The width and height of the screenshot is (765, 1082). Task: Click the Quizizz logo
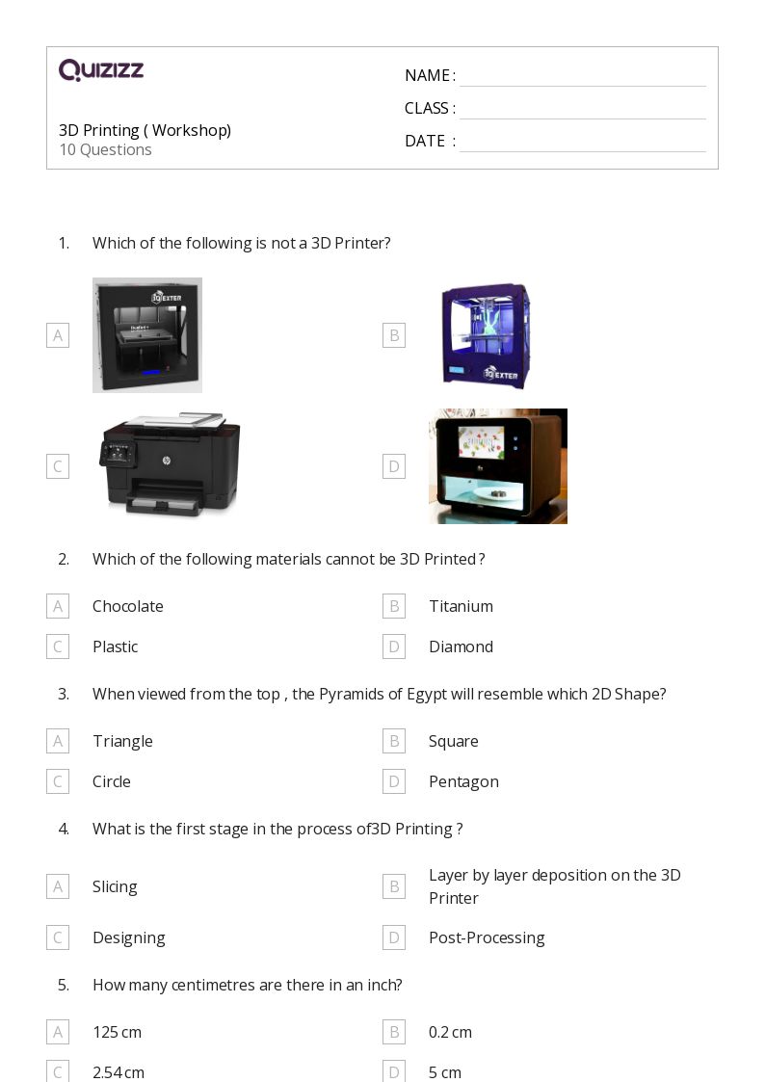[x=101, y=69]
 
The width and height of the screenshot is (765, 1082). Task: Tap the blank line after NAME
[x=583, y=87]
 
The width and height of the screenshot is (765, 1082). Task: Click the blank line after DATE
[x=583, y=151]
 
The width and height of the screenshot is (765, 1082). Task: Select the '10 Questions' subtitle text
[x=106, y=149]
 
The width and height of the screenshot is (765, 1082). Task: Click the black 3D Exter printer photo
[x=147, y=335]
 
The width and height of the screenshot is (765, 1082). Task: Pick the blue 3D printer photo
[x=487, y=335]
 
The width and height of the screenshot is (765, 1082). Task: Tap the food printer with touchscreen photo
[x=498, y=465]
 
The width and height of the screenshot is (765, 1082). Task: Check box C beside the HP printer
[x=58, y=466]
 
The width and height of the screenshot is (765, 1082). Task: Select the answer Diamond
[x=461, y=647]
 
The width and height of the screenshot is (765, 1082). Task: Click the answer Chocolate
[x=128, y=606]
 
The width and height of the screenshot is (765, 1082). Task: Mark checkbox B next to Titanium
[x=394, y=606]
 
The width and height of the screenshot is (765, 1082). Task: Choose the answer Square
[x=453, y=741]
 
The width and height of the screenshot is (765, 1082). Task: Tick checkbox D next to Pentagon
[x=394, y=781]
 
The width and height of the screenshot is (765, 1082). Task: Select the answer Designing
[x=129, y=937]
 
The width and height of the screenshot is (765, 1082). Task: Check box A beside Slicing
[x=58, y=886]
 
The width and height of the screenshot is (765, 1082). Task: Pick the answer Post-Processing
[x=487, y=937]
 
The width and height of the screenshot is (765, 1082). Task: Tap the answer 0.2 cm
[x=451, y=1032]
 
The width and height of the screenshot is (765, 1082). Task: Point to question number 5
[x=64, y=985]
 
